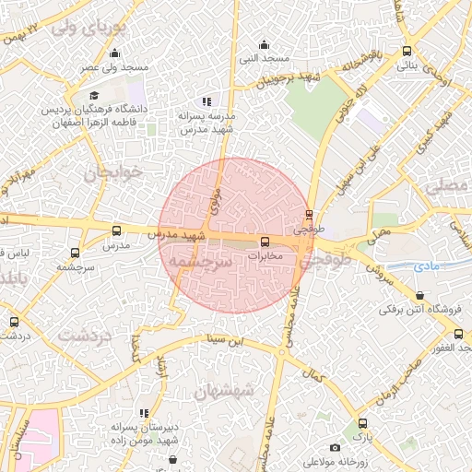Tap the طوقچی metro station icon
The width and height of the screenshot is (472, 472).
pyautogui.click(x=309, y=215)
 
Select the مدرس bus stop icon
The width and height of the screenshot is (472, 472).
pyautogui.click(x=115, y=231)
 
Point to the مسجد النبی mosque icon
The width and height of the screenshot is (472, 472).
pyautogui.click(x=265, y=44)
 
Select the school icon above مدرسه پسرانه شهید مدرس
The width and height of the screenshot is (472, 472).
pyautogui.click(x=207, y=101)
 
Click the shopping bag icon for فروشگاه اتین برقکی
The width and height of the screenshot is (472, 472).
pyautogui.click(x=420, y=296)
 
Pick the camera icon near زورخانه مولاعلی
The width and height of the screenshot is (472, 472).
pyautogui.click(x=334, y=447)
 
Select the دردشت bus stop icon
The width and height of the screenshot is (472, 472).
pyautogui.click(x=13, y=322)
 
